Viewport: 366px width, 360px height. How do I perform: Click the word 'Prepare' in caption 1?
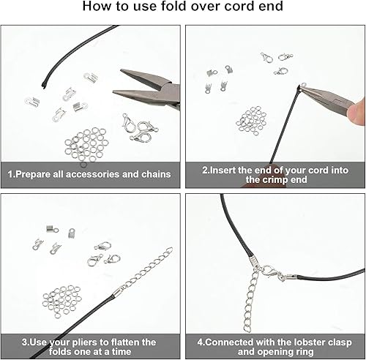42,174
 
